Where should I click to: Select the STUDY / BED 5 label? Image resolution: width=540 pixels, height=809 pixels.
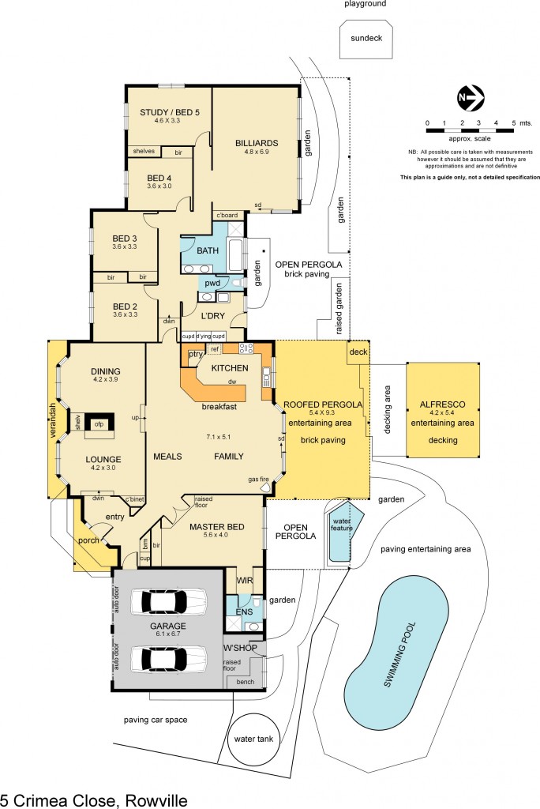coord(170,112)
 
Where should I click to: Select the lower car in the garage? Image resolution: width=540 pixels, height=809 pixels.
coord(168,657)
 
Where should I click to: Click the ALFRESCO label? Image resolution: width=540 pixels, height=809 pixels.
coord(442,405)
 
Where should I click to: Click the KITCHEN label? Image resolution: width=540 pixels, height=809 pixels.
coord(230,368)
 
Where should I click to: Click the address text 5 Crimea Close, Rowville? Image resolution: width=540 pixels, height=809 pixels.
coord(94,800)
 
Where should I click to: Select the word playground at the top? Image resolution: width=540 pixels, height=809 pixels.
coord(365,4)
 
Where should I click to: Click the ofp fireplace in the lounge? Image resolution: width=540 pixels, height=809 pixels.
coord(99,423)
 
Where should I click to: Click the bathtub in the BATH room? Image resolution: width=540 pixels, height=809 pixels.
coord(235,254)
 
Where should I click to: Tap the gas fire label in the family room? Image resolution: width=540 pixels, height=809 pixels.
coord(260,479)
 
